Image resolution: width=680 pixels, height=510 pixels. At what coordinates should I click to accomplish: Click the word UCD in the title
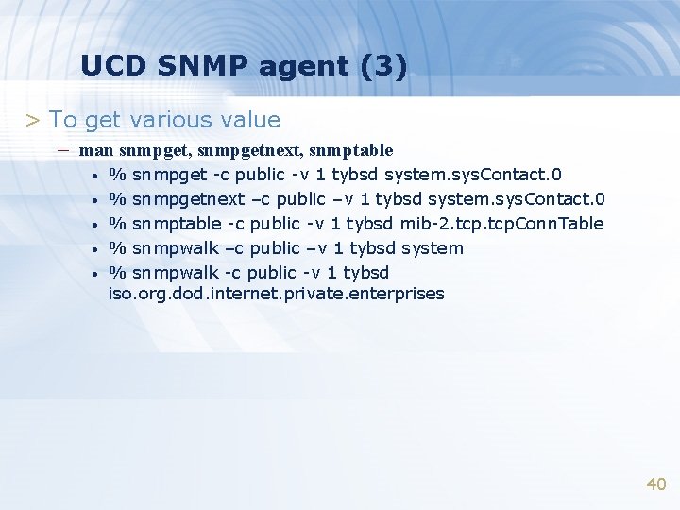coord(112,66)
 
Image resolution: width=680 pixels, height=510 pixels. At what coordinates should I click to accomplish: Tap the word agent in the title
coord(314,68)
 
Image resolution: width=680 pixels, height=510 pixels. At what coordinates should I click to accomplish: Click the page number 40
coord(655,484)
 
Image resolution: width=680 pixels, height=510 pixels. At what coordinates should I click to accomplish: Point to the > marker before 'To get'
coord(32,121)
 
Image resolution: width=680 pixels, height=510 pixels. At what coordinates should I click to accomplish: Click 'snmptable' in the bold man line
coord(350,150)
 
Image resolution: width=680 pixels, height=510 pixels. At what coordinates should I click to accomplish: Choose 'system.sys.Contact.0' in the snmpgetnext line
coord(517,199)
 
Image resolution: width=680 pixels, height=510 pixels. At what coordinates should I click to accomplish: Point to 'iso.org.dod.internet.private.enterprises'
coord(276,294)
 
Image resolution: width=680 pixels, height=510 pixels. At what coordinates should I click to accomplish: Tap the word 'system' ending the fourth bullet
coord(433,248)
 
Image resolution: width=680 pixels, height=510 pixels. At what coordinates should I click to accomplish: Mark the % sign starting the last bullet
coord(118,273)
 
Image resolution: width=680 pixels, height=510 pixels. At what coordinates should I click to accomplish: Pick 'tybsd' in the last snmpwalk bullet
coord(365,273)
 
